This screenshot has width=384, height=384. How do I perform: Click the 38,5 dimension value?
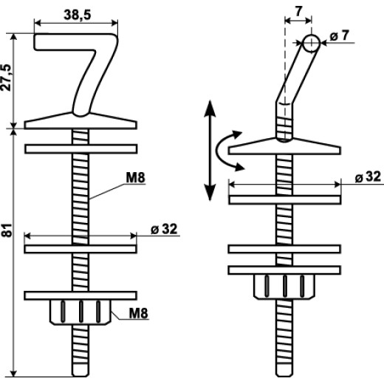click(x=78, y=15)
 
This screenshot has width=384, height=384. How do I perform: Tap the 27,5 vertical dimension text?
click(x=7, y=78)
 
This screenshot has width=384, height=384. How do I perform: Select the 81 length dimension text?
click(x=7, y=230)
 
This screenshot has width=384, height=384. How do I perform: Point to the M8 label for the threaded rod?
click(x=135, y=178)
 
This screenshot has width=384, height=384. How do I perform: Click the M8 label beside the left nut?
click(x=139, y=313)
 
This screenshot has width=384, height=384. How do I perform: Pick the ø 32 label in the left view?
click(x=164, y=229)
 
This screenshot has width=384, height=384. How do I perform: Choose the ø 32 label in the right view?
click(x=368, y=176)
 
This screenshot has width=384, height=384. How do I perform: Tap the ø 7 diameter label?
click(x=340, y=36)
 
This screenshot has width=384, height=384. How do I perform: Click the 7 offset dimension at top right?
click(x=298, y=11)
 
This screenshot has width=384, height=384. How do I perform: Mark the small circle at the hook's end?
click(x=312, y=43)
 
